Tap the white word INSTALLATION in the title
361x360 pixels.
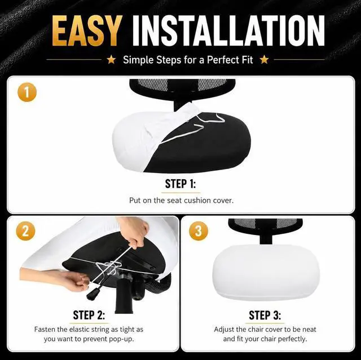228,31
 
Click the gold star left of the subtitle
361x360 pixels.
112,60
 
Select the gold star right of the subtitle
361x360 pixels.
265,60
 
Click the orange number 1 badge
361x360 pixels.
27,92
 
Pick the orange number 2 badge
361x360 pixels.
25,231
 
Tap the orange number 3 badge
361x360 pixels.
199,231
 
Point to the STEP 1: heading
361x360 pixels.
180,184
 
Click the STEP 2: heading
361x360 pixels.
89,315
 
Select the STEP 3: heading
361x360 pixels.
265,315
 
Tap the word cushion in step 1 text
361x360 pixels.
197,201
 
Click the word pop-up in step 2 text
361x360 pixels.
122,339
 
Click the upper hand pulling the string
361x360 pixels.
135,232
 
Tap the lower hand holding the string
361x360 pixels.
55,279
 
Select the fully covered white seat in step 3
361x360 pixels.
266,273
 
